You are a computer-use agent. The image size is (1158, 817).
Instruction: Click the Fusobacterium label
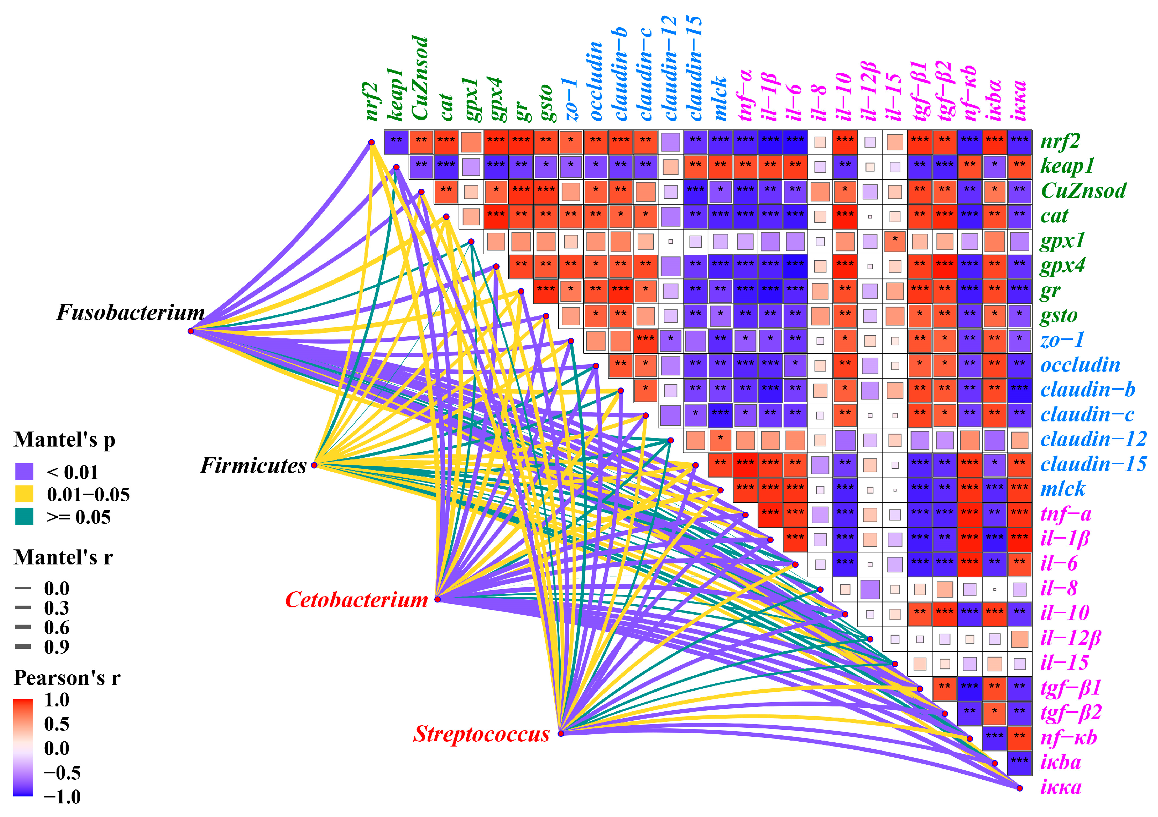click(x=130, y=313)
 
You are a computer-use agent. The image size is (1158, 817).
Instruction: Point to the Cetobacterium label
click(x=356, y=600)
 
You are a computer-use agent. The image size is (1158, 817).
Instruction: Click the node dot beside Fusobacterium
click(x=191, y=331)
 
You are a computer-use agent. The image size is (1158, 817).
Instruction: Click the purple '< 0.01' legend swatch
click(x=24, y=472)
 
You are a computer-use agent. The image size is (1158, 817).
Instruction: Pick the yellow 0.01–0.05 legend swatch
click(x=24, y=494)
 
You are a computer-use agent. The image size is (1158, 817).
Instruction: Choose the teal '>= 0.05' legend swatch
click(x=24, y=517)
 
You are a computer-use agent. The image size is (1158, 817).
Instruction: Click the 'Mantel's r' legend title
click(x=63, y=557)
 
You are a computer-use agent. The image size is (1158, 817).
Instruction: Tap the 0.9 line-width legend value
click(x=57, y=647)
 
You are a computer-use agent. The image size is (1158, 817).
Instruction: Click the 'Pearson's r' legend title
click(x=67, y=678)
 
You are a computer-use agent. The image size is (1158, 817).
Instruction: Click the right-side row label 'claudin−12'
click(x=1093, y=439)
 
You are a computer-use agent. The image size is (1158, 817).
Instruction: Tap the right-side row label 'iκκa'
click(x=1061, y=787)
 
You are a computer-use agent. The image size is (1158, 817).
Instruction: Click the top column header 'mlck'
click(x=720, y=98)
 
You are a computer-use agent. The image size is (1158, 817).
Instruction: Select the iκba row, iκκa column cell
click(x=1019, y=763)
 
